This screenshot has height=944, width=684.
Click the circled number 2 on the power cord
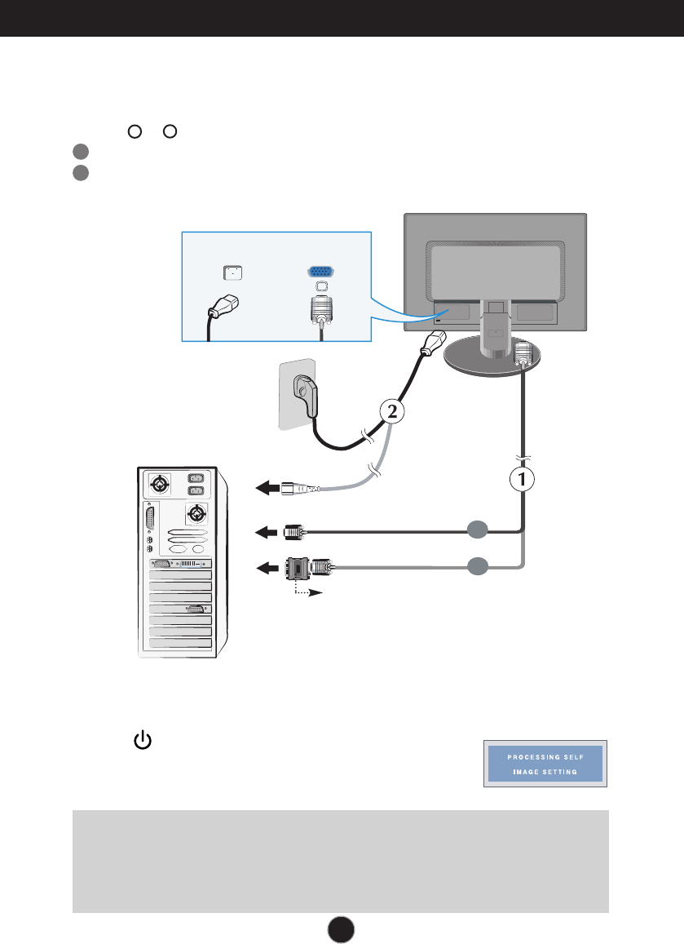coord(392,413)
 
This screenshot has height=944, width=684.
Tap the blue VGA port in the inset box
coord(320,273)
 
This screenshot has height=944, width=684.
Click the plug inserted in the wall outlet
coord(308,396)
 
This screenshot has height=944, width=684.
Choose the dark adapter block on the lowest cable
coord(298,567)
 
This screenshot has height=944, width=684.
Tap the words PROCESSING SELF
coord(545,756)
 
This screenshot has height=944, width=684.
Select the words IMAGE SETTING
coord(545,772)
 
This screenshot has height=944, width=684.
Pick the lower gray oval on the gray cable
coord(479,565)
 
